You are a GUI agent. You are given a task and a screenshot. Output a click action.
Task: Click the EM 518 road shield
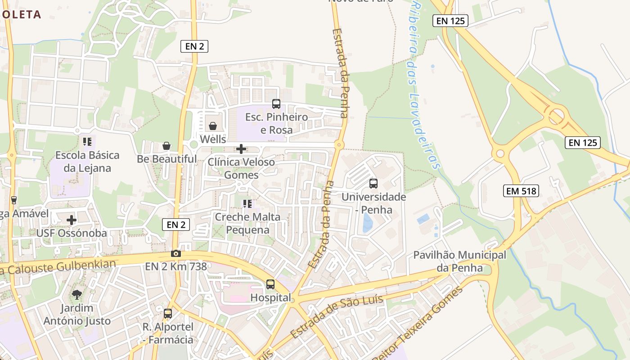(x=521, y=191)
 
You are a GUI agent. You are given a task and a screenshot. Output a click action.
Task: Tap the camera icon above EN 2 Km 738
(x=176, y=254)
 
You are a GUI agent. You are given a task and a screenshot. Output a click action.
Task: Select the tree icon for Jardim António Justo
(x=77, y=295)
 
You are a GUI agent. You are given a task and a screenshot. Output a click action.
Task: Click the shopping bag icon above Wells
(x=213, y=126)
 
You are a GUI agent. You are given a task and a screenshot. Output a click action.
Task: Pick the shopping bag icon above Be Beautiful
(x=166, y=146)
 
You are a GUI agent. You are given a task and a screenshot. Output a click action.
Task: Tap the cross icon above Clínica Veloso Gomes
(x=241, y=148)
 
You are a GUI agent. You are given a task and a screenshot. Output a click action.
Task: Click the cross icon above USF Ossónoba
(x=72, y=220)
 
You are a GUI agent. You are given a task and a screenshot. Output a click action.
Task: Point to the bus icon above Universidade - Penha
(x=373, y=184)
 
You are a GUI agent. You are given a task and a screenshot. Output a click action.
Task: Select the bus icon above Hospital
(x=270, y=284)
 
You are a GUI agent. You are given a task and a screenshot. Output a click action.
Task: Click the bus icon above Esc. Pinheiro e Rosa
(x=276, y=104)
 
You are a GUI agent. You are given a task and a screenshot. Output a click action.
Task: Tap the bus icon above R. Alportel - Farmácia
(x=168, y=314)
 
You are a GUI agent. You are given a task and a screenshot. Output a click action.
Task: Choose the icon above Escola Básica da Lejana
(x=87, y=142)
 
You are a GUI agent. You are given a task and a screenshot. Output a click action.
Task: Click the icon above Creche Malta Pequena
(x=247, y=204)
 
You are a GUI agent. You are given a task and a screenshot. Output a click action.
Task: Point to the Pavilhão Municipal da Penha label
(x=459, y=261)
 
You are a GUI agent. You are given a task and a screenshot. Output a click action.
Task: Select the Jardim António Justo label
(x=77, y=315)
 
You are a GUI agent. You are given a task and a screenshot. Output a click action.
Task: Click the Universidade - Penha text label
(x=373, y=203)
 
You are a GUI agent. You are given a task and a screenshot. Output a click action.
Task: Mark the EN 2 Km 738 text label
(x=176, y=266)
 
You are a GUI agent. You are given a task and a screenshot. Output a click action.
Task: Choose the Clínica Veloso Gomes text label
(x=241, y=168)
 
